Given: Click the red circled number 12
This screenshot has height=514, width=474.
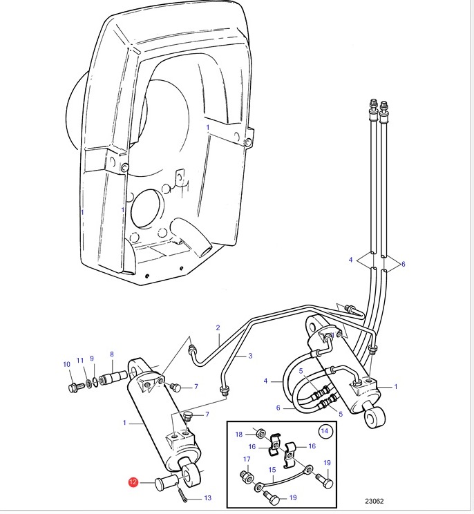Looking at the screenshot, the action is pos(133,482).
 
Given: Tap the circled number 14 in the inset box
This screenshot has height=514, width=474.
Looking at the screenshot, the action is pos(324,430).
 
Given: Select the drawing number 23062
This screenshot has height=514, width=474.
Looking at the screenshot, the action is pos(375,501).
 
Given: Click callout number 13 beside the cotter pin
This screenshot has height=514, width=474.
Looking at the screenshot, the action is pos(208,498).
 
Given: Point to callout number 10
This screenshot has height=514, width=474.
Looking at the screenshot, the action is pos(66,364).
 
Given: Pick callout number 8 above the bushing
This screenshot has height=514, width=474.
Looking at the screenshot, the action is pos(112,354).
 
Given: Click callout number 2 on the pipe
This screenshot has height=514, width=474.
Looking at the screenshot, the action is pos(218,327).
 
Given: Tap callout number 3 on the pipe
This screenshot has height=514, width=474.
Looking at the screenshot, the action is pos(250,356).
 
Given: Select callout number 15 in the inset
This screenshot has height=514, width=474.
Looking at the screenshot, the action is pos(272,470).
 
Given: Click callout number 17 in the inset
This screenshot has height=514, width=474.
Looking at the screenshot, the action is pos(247,459).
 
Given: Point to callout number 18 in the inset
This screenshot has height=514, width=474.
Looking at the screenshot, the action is pos(239,435).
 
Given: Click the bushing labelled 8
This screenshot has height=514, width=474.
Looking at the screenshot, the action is pos(113,378).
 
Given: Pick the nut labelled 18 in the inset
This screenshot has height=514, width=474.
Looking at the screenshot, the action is pos(260,433).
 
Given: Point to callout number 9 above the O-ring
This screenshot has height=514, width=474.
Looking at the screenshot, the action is pos(92,359).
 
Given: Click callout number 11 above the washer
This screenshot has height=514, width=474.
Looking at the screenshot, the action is pos(80,361).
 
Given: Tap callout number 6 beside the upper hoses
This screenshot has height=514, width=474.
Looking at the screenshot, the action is pos(404,264).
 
